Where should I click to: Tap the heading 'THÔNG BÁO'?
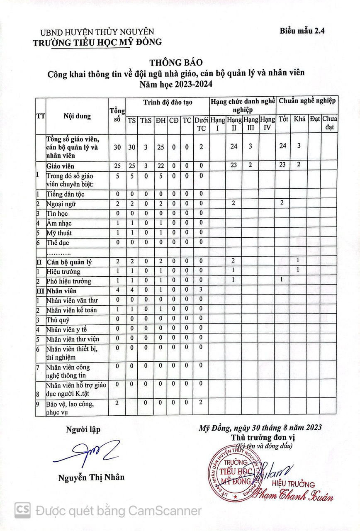coord(176,63)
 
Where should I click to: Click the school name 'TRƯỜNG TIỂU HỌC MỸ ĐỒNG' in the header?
coord(97,42)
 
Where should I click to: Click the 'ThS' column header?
coord(146,121)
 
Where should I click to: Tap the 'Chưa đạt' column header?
coord(329,124)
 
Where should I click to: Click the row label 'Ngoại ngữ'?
coord(61,204)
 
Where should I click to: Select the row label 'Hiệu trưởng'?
coord(63,271)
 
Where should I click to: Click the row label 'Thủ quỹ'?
coord(58,320)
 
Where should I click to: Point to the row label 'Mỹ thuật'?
coord(59,233)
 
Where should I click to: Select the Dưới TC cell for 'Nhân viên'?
coord(201,290)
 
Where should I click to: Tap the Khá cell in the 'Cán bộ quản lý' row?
coord(298,261)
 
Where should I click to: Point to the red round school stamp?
coord(235,473)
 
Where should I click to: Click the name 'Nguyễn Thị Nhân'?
coord(91,477)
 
